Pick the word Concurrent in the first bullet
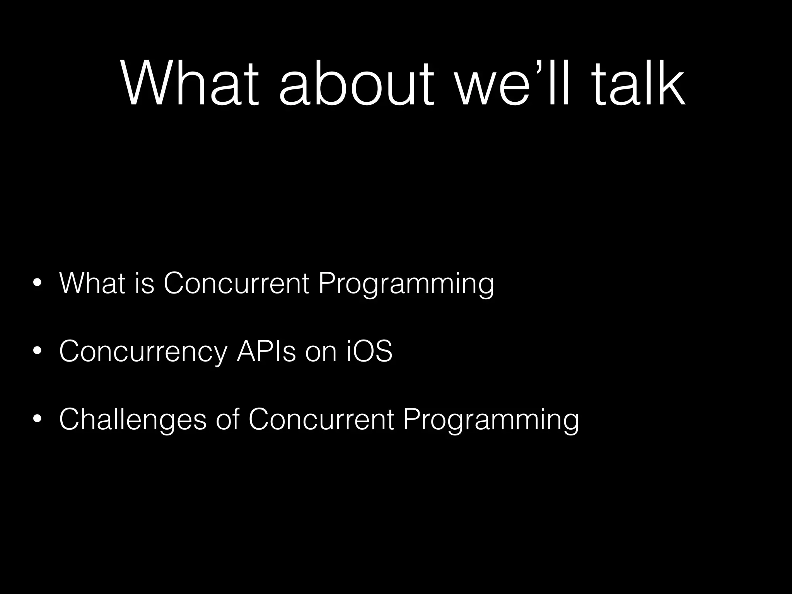pyautogui.click(x=236, y=283)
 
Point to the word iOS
pyautogui.click(x=369, y=352)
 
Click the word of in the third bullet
pyautogui.click(x=228, y=420)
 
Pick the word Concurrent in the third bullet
pyautogui.click(x=321, y=420)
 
